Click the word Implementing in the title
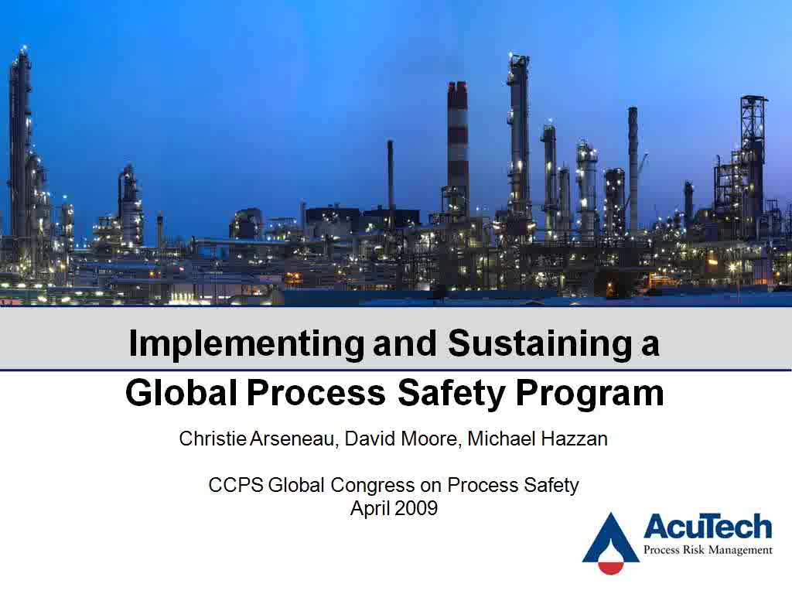246,344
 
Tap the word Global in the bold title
181,393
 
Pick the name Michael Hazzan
538,439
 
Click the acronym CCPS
235,485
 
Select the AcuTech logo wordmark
708,527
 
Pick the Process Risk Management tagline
708,550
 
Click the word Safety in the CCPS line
551,486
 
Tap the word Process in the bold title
316,393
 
